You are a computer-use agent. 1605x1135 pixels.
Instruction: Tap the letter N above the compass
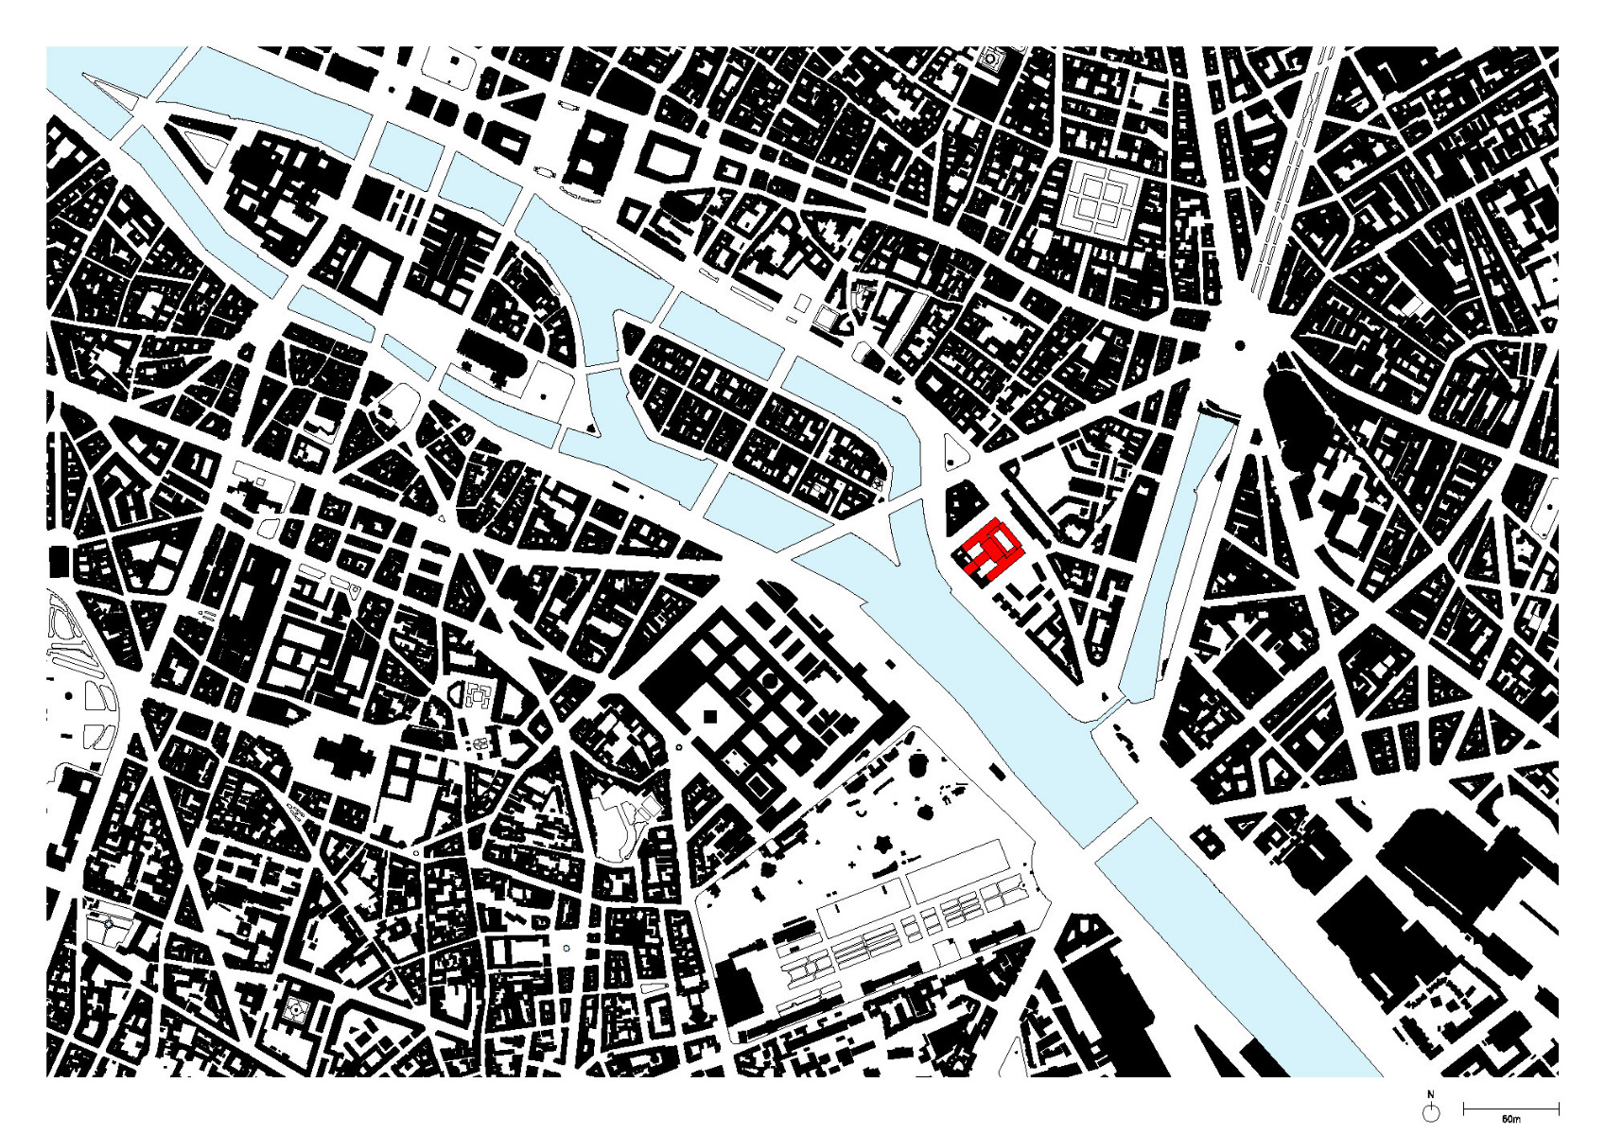1431,1094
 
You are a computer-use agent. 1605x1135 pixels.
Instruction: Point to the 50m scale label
1509,1119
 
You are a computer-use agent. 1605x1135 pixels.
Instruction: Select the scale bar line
1510,1107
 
